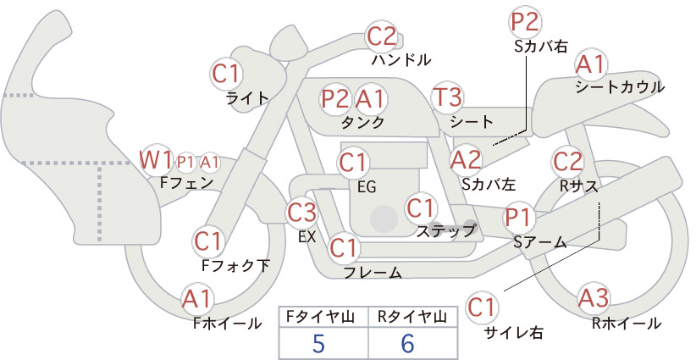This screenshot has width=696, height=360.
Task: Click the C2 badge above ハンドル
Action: tap(382, 36)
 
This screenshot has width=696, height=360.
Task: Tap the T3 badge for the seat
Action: tap(447, 97)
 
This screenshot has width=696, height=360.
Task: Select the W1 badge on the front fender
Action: tap(155, 160)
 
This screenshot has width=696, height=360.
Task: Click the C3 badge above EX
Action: tap(301, 213)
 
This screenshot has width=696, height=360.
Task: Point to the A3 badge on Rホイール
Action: tap(593, 297)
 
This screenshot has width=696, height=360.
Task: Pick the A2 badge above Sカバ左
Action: tap(466, 160)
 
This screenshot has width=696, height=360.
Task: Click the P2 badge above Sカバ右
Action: tap(525, 22)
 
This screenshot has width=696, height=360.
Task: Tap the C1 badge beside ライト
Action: tap(226, 75)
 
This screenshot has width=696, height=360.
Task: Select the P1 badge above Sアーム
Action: tap(518, 218)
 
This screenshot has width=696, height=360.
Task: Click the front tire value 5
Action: tap(318, 344)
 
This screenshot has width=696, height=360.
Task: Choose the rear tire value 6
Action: tap(407, 344)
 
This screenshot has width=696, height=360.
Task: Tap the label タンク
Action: tap(362, 123)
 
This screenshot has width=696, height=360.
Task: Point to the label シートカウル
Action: tap(620, 87)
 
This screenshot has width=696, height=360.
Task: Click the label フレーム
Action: tap(373, 272)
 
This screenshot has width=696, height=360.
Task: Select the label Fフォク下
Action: tap(235, 265)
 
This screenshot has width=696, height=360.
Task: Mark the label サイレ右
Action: tap(513, 332)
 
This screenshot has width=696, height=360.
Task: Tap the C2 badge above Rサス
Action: tap(567, 162)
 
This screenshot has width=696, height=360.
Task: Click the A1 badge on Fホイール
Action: tap(197, 299)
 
